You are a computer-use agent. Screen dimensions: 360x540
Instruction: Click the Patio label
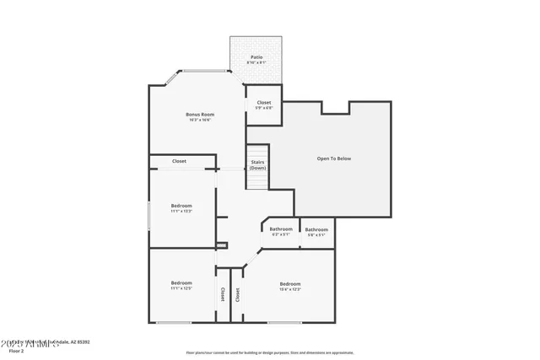click(256, 56)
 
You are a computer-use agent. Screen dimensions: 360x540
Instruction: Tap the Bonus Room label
click(200, 114)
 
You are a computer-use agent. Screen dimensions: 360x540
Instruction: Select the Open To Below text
click(333, 159)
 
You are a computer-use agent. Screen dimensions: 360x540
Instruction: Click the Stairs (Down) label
click(257, 165)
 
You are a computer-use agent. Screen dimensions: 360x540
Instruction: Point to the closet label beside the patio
click(264, 101)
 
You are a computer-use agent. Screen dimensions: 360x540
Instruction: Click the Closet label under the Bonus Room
click(179, 161)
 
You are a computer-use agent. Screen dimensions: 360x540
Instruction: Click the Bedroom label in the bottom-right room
click(290, 283)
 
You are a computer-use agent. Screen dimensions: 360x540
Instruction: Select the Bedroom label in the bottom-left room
click(181, 282)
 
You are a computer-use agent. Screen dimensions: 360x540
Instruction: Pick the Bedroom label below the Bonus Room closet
click(181, 206)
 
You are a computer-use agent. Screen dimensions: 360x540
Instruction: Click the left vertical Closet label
click(222, 294)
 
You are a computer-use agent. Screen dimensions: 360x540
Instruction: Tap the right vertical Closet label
click(238, 294)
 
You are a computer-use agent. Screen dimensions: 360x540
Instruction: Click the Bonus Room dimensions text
click(200, 120)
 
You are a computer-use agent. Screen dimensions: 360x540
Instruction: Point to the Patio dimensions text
click(256, 63)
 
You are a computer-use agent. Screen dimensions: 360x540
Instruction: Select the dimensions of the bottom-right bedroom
click(290, 289)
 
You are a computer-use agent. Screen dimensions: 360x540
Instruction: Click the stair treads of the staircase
click(257, 180)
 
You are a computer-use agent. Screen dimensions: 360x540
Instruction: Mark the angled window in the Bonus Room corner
click(169, 78)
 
